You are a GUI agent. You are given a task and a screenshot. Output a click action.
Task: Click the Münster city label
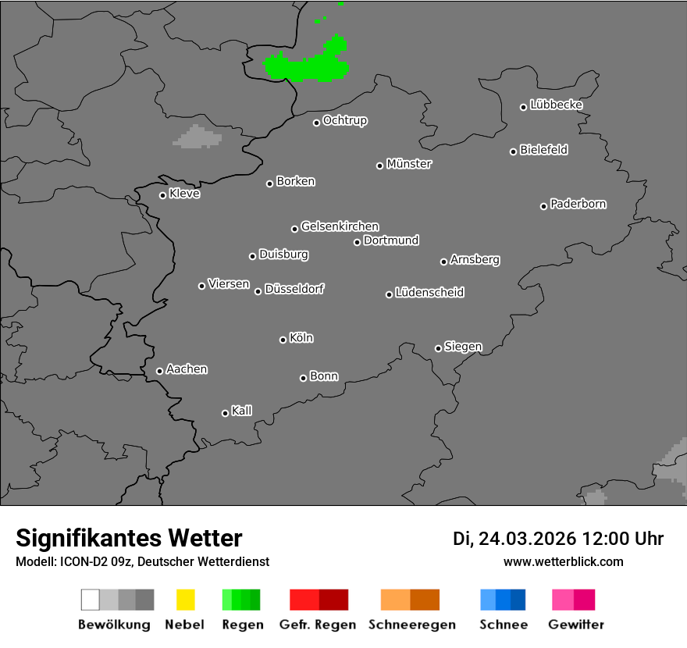pos(409,164)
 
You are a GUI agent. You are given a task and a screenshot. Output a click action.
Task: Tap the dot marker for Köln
pos(283,340)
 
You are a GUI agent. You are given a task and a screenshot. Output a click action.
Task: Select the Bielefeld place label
pos(543,150)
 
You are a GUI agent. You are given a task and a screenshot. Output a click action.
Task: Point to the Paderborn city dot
pos(543,206)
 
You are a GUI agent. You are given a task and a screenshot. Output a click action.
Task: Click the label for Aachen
pos(187,369)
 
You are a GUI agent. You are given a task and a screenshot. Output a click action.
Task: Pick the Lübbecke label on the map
pos(556,105)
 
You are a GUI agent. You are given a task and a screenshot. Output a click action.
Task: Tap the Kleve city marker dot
pos(162,195)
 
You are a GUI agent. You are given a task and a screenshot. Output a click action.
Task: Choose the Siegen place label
pos(463,347)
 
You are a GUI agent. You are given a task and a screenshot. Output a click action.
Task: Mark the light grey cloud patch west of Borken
pos(198,137)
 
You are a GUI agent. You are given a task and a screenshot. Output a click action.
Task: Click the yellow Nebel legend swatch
pos(185,600)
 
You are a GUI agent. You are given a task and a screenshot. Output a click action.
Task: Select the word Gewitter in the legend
pos(576,625)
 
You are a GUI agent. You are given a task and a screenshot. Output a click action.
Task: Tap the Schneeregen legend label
pos(411,625)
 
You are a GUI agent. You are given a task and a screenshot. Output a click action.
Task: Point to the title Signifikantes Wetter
pos(129,539)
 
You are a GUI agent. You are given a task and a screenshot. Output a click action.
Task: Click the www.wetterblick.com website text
pos(563,561)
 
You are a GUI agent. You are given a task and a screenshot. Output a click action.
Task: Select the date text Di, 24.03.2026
pos(514,539)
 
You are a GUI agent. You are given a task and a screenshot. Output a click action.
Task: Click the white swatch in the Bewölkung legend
pos(91,600)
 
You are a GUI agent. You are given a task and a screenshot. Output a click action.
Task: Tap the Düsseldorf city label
pos(294,289)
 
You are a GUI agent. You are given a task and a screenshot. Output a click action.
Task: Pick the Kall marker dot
pos(225,413)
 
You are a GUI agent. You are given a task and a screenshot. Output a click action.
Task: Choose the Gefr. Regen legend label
pos(318,625)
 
